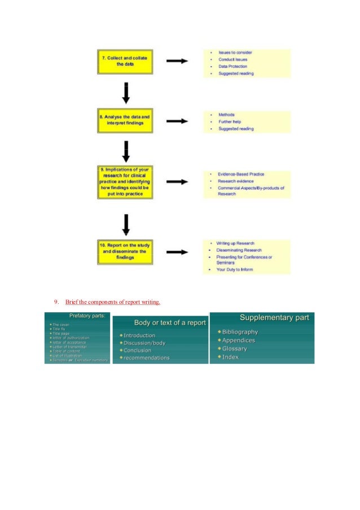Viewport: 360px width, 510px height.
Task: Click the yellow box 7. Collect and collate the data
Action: click(125, 61)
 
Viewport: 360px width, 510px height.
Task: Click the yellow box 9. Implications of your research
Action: click(125, 182)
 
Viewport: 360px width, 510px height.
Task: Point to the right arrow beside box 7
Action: click(177, 61)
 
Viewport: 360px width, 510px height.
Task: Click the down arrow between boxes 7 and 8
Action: click(126, 93)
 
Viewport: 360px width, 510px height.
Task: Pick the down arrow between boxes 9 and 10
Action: click(126, 224)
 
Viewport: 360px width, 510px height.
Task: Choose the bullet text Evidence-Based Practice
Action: click(241, 174)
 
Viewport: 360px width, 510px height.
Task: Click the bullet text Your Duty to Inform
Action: click(235, 269)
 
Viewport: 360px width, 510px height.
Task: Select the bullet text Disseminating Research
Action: click(239, 250)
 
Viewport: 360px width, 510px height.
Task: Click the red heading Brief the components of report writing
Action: click(113, 302)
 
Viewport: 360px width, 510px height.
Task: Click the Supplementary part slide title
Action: click(275, 318)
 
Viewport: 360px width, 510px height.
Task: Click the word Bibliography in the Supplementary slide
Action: click(240, 332)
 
